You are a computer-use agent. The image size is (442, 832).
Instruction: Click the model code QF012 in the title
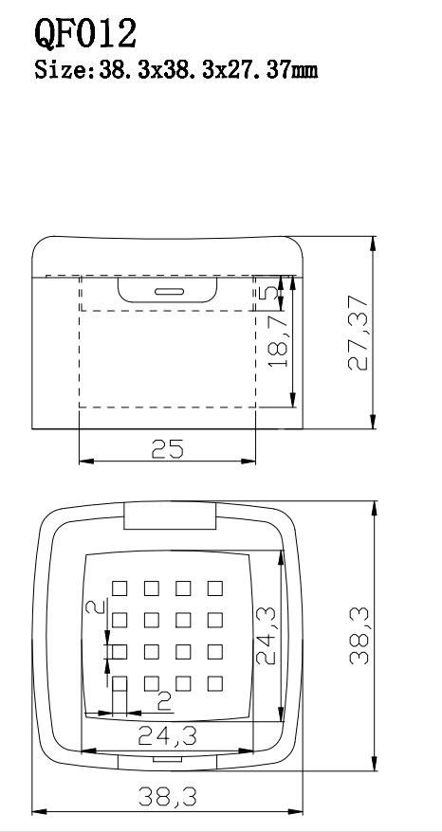pos(85,33)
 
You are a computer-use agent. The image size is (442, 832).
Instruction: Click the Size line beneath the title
pos(175,69)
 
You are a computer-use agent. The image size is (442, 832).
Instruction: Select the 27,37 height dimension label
pos(359,333)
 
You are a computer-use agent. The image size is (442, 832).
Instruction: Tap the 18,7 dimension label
pos(278,340)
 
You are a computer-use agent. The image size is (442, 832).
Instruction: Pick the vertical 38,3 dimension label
pos(359,636)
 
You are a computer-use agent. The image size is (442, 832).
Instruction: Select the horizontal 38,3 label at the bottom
pos(167,797)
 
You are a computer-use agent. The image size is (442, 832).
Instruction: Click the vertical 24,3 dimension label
pos(267,636)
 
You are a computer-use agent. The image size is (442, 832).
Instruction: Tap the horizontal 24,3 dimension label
pos(167,736)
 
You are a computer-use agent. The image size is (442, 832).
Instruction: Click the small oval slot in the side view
pos(170,291)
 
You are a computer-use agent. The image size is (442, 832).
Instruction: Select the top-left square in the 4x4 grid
pos(120,588)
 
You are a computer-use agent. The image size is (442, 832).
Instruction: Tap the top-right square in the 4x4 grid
pos(215,588)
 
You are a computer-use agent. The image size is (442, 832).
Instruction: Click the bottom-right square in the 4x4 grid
pos(215,683)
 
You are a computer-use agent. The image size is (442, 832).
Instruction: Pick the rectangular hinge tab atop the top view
pos(170,515)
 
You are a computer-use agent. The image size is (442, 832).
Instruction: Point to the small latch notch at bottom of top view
pos(167,759)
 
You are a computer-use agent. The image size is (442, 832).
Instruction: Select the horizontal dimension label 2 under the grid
pos(165,702)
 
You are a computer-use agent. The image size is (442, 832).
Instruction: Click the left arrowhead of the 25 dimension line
pos(86,461)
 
